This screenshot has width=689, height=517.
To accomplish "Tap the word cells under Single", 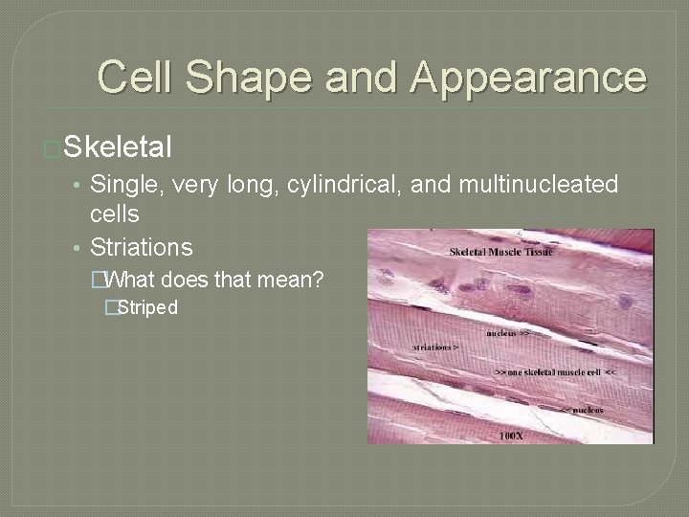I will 115,214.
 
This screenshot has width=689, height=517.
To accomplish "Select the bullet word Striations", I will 141,247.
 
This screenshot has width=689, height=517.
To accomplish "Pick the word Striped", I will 147,308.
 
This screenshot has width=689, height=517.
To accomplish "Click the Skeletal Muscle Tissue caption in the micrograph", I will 501,252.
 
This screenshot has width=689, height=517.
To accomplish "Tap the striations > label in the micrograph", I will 436,347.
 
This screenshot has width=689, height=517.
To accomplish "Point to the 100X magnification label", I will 511,436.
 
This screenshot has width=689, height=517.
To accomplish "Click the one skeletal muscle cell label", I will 555,371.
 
